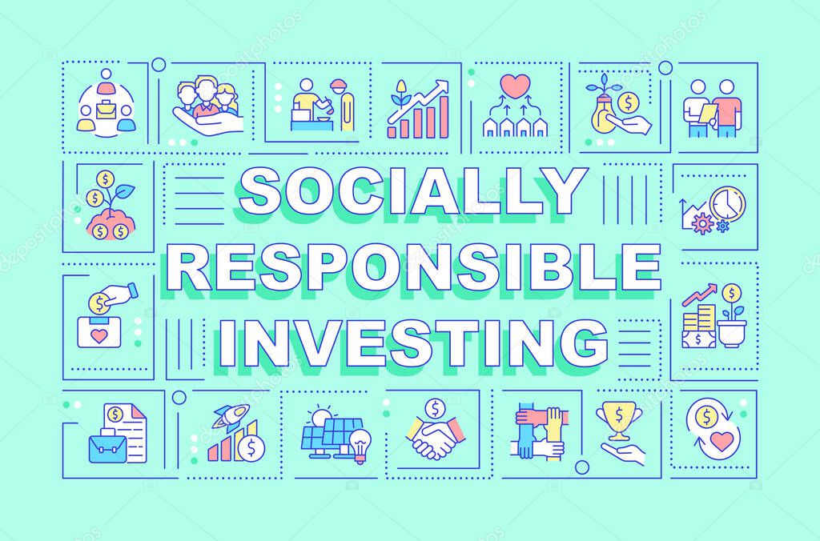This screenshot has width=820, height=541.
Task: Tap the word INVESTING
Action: click(x=410, y=341)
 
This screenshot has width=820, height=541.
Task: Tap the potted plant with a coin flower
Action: click(x=730, y=316)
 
